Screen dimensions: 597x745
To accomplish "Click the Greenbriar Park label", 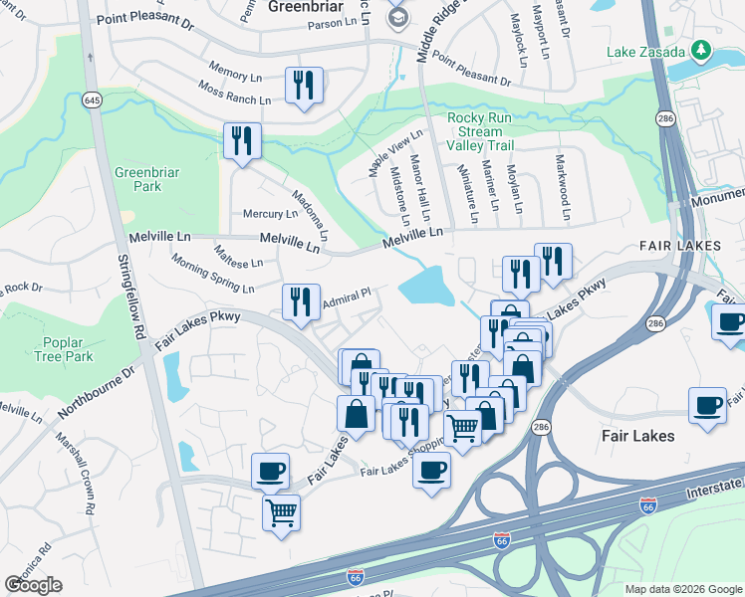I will click(146, 179).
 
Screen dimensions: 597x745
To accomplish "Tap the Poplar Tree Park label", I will click(63, 349).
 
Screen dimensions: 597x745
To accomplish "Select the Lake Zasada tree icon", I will click(701, 49).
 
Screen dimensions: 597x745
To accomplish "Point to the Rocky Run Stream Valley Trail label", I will click(480, 131).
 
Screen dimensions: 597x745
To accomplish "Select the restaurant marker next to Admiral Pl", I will click(300, 302).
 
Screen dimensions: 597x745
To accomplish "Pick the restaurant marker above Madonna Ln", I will click(242, 141).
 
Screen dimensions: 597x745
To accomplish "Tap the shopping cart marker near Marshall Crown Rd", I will click(282, 513).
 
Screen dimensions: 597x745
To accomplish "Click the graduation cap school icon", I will click(398, 18).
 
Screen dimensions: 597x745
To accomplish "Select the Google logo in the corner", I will click(33, 585).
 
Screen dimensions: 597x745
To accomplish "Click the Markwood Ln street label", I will click(564, 186).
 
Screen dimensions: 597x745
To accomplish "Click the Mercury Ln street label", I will click(271, 214).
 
